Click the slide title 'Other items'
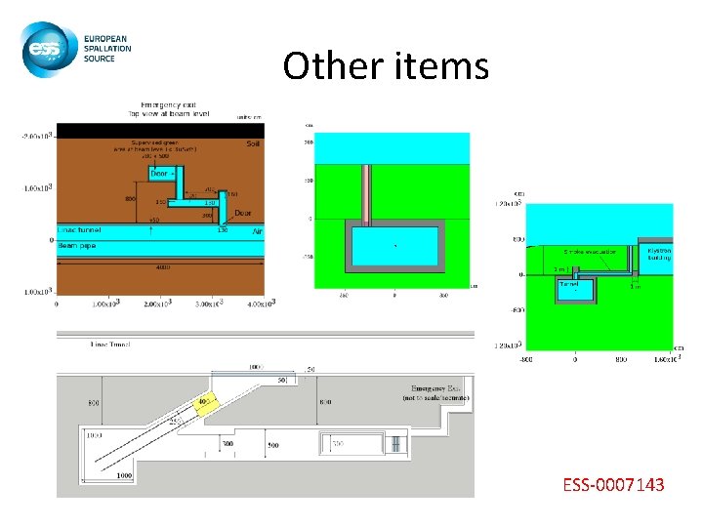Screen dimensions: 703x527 (385, 65)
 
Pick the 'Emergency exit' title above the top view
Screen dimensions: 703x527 (168, 104)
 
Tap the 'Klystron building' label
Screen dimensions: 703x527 (659, 254)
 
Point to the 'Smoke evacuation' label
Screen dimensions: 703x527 (589, 251)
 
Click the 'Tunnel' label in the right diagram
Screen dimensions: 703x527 (568, 284)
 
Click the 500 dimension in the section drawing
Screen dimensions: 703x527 (272, 445)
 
